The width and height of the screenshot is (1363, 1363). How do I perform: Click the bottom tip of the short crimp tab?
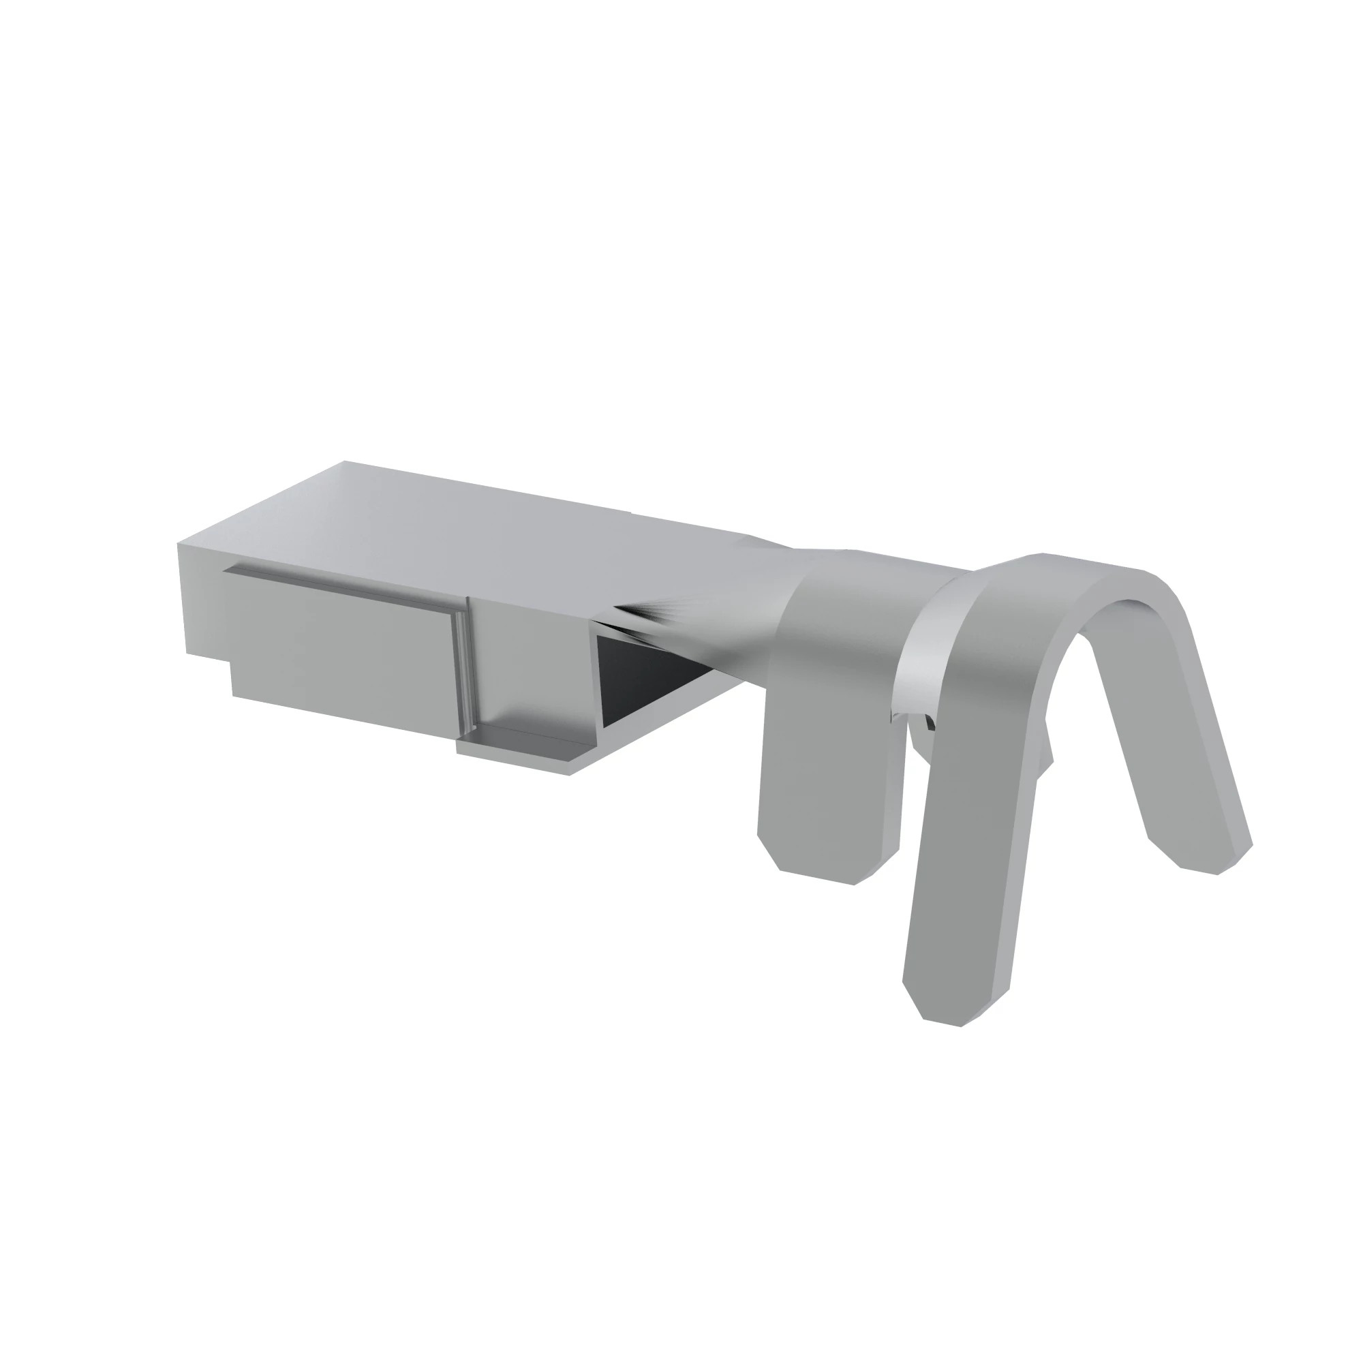pyautogui.click(x=818, y=875)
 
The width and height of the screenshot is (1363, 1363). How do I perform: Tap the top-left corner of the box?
pyautogui.click(x=179, y=545)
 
